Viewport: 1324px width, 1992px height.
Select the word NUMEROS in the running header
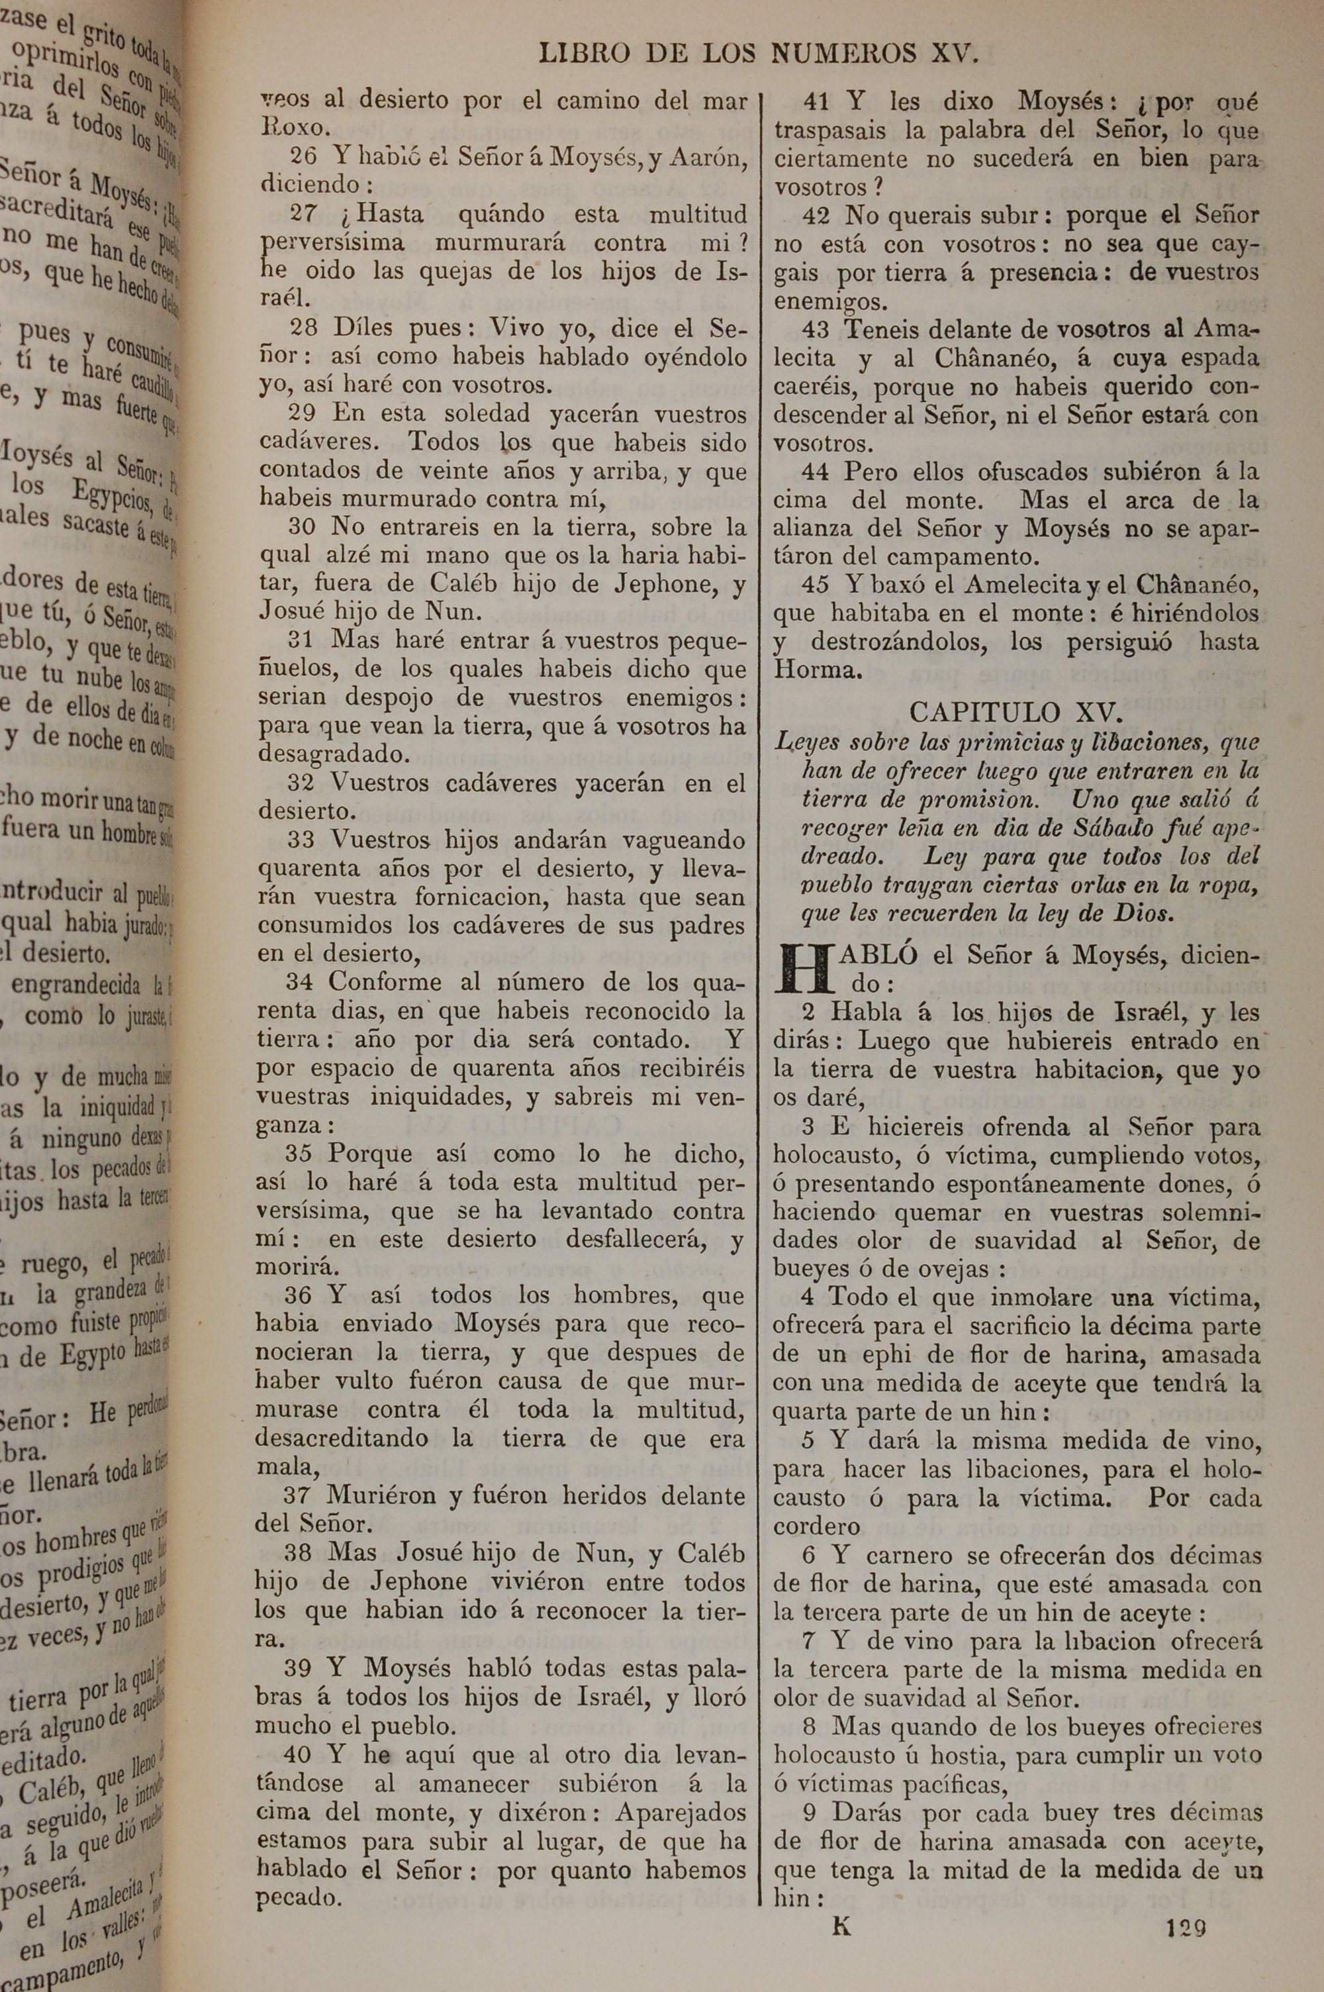(x=843, y=54)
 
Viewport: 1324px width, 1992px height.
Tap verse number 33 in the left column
(x=301, y=840)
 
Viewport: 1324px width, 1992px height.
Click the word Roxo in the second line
(x=291, y=128)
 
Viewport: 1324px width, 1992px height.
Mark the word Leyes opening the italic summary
(x=806, y=743)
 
